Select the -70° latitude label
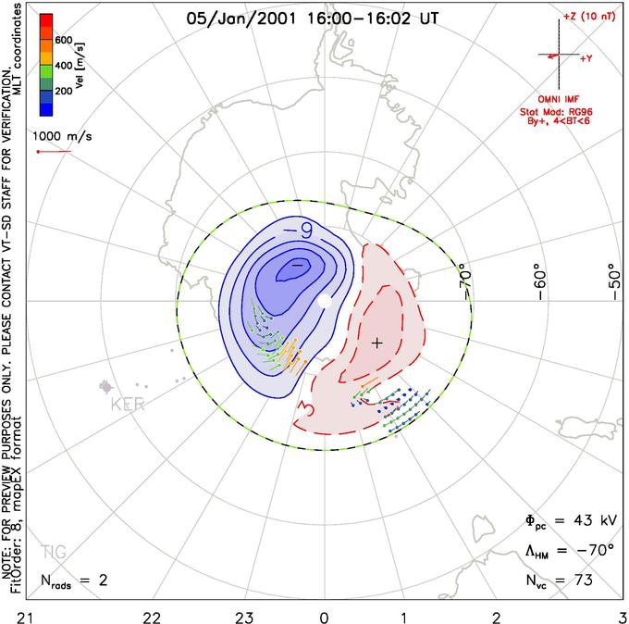tap(465, 277)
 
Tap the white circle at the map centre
tap(324, 301)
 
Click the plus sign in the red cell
tap(376, 343)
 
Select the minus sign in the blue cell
tap(297, 265)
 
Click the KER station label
tap(129, 406)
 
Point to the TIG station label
tap(54, 553)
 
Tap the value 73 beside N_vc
tap(582, 581)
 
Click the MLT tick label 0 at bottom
tap(324, 616)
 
